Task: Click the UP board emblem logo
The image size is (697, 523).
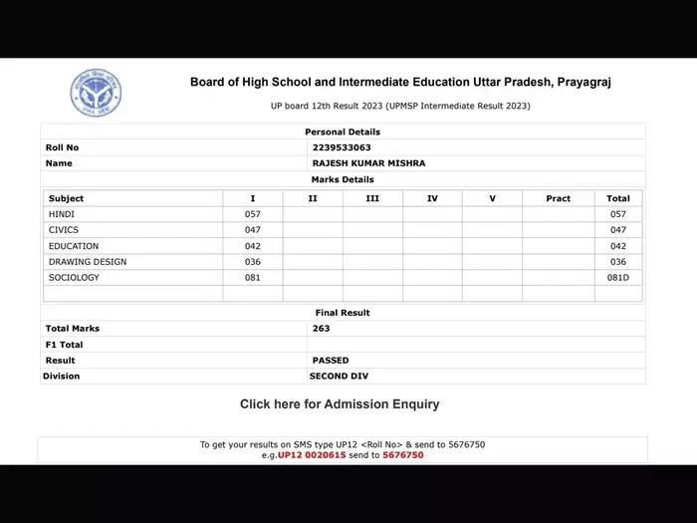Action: [97, 93]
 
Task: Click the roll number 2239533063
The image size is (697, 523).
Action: [341, 147]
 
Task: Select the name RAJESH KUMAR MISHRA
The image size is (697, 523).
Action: [361, 163]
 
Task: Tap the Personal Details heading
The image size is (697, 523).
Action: [343, 131]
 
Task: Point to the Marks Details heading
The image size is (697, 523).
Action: [343, 179]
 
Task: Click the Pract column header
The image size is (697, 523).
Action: [559, 198]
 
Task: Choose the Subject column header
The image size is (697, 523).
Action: [67, 198]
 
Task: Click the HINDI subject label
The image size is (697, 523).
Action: [62, 214]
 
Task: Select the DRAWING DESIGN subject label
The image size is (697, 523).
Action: [88, 262]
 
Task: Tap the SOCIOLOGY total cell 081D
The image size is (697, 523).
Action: [618, 278]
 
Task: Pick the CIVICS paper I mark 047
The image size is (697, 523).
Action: [252, 230]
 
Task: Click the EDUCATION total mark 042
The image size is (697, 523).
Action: [618, 246]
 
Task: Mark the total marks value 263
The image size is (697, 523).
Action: [321, 328]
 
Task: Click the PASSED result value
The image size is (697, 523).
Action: [331, 360]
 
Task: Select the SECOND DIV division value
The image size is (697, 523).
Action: [340, 377]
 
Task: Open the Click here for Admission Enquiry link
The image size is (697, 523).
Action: [340, 404]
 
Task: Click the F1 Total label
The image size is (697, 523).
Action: [66, 344]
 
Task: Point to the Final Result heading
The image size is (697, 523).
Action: [343, 313]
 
